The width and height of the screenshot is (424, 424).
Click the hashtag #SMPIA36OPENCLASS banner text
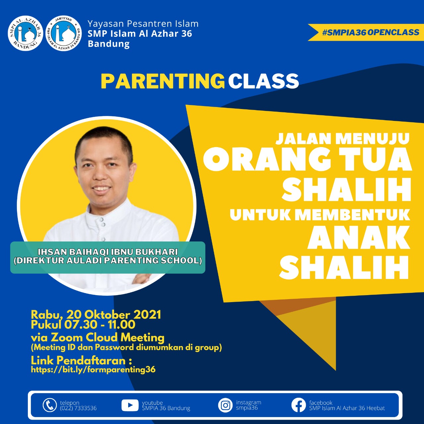click(x=371, y=32)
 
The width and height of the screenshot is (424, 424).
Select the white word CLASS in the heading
click(x=263, y=81)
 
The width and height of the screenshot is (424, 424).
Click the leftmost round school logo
click(x=25, y=33)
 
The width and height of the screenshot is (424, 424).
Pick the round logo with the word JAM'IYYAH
click(x=64, y=33)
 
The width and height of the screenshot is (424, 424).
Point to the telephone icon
click(x=50, y=405)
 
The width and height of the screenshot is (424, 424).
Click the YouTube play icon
click(x=130, y=405)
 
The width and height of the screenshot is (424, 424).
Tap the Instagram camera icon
click(x=225, y=405)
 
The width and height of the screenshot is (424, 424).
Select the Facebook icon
click(x=298, y=405)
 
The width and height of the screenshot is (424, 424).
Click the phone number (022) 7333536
click(x=78, y=408)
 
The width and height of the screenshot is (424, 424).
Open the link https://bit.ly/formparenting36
click(x=93, y=370)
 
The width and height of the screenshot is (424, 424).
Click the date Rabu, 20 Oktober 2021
click(x=96, y=315)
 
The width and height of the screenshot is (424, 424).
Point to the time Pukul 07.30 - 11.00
click(x=83, y=325)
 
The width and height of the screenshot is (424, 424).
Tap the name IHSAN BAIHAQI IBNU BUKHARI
click(x=108, y=252)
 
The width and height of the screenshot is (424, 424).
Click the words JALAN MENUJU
click(x=343, y=138)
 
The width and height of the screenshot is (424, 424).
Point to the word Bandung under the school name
click(x=109, y=44)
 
